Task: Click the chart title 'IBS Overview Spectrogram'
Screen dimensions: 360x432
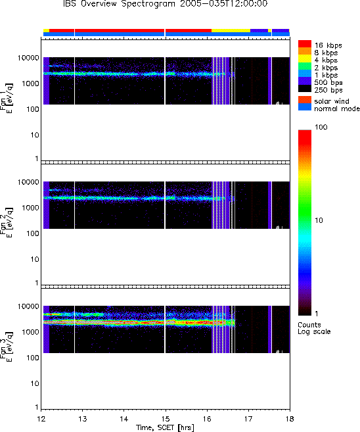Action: [119, 4]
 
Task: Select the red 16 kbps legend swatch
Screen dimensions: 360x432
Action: [305, 44]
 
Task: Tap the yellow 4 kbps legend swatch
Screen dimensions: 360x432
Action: [305, 59]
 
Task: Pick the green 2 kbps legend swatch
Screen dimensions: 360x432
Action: [305, 66]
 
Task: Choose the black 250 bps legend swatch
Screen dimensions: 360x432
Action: [305, 89]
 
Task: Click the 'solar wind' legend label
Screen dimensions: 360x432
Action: [332, 101]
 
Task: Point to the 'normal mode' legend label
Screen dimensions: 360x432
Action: [337, 108]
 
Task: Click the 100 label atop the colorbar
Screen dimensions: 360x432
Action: [321, 127]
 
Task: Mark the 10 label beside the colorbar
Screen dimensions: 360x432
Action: [319, 220]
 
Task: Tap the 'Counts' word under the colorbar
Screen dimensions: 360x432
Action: [309, 325]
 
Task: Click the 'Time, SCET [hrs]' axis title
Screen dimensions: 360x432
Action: [165, 427]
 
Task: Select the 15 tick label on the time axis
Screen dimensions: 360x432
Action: [166, 419]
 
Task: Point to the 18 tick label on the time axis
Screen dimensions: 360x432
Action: [290, 419]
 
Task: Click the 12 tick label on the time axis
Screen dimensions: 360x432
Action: [41, 419]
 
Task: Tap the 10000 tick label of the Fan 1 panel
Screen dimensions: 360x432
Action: [28, 58]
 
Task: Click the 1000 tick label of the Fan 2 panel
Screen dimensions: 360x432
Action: [31, 208]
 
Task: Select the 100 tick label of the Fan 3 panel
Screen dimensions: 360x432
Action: [33, 358]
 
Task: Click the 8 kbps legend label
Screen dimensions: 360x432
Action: [326, 53]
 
